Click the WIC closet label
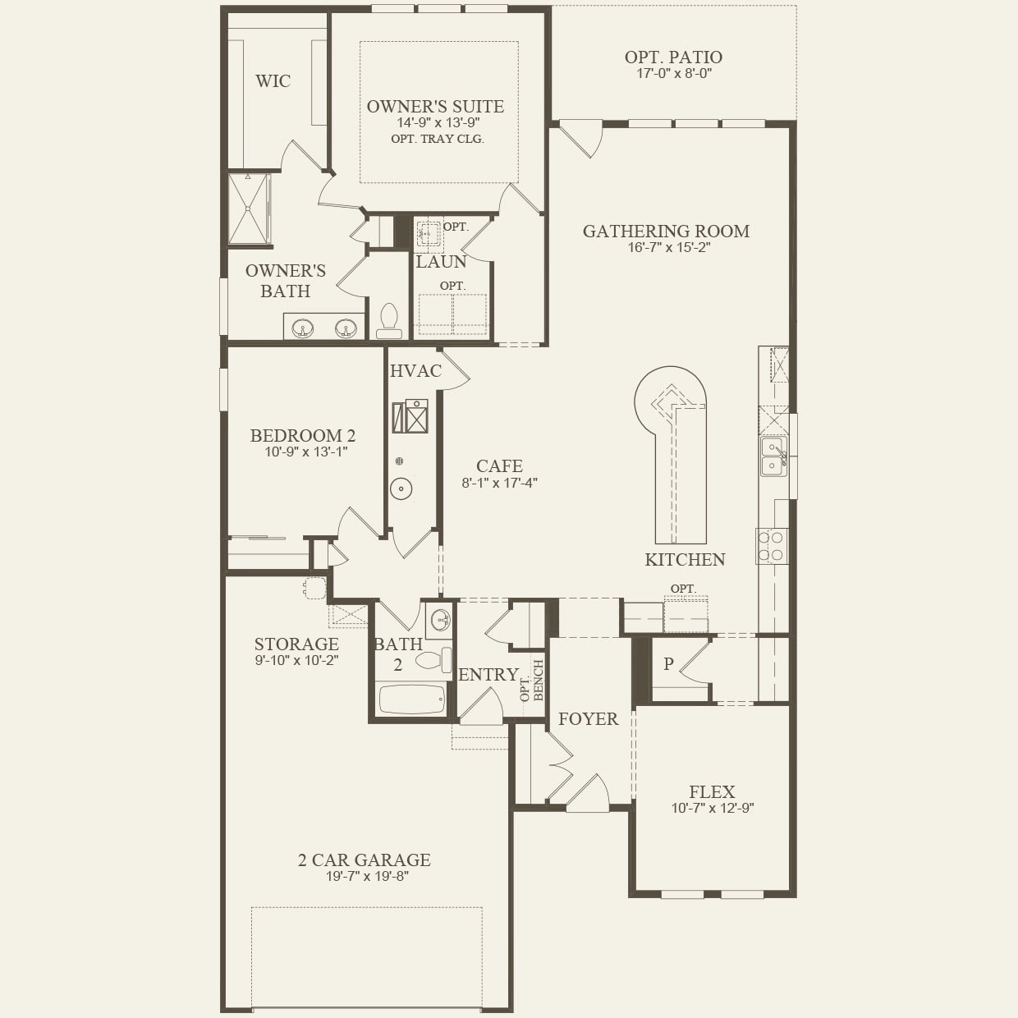tap(273, 81)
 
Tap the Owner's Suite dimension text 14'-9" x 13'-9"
tap(435, 122)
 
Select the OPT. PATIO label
tap(673, 57)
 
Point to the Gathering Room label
tap(666, 232)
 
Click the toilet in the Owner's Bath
tap(389, 321)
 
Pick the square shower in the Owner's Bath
tap(248, 209)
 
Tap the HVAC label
tap(415, 371)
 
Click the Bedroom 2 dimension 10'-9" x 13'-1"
tap(305, 452)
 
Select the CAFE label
tap(499, 466)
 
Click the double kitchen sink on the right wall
tap(773, 456)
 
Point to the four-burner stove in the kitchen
tap(773, 546)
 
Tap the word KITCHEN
tap(685, 560)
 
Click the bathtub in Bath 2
tap(411, 699)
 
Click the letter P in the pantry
tap(668, 664)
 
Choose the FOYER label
tap(588, 719)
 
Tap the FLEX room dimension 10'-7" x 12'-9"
tap(712, 808)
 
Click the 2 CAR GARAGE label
tap(364, 860)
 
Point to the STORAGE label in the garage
tap(296, 644)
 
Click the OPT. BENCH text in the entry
tap(532, 681)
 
